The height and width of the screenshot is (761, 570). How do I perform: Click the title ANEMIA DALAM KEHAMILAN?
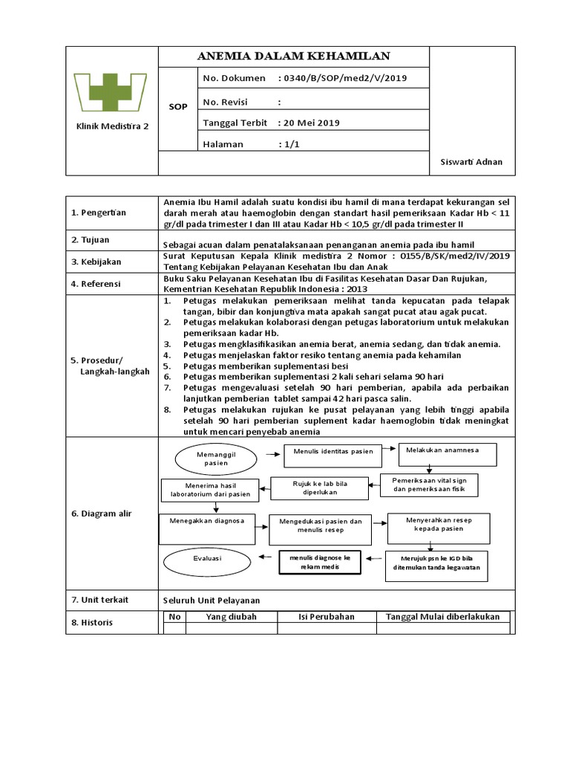(x=293, y=56)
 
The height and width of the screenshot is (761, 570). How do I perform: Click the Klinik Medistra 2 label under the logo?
(x=112, y=126)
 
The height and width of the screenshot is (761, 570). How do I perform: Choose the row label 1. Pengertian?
(x=99, y=213)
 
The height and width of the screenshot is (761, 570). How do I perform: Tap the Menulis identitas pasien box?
(x=333, y=451)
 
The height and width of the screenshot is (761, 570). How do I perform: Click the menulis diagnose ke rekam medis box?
(x=319, y=562)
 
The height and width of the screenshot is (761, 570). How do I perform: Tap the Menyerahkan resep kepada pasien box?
(x=439, y=525)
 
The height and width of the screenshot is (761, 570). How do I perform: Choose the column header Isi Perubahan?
(x=327, y=616)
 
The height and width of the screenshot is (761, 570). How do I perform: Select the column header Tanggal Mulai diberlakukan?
(x=442, y=616)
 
